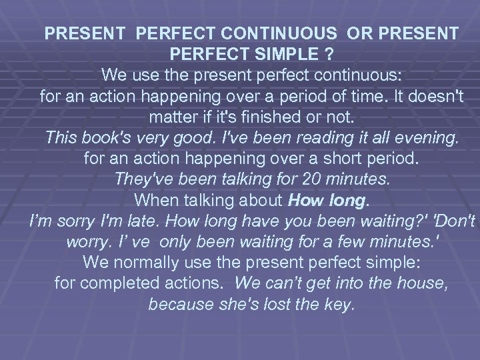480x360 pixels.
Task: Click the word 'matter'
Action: point(173,116)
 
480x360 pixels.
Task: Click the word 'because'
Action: point(176,305)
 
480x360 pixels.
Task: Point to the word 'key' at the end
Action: point(345,305)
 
